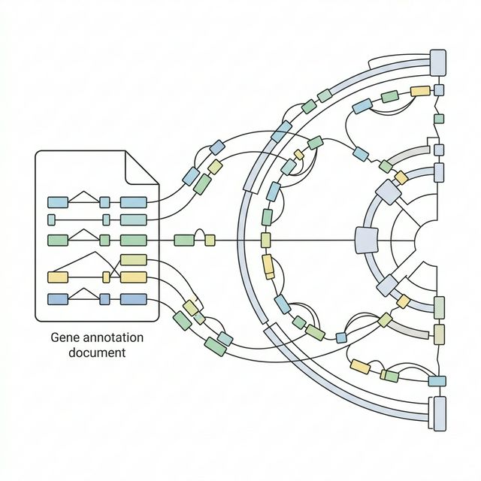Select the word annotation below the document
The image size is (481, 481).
coord(112,338)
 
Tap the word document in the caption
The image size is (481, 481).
coord(92,352)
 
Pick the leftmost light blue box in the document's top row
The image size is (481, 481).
coord(58,202)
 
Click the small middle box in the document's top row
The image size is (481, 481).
coord(104,202)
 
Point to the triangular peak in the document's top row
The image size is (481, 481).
coord(84,193)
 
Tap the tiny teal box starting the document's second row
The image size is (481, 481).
coord(51,219)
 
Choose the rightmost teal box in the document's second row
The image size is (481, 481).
coord(133,219)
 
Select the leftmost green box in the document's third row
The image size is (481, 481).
coord(58,240)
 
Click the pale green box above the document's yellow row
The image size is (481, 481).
coord(133,260)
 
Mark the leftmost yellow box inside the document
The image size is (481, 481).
coord(58,277)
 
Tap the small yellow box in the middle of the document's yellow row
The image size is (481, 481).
coord(106,277)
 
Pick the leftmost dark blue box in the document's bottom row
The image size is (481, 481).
coord(58,299)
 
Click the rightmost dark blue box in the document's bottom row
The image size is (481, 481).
coord(133,299)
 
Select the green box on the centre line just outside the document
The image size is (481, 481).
coord(183,240)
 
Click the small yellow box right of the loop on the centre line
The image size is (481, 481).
coord(210,240)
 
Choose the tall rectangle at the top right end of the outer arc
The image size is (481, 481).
coord(437,63)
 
